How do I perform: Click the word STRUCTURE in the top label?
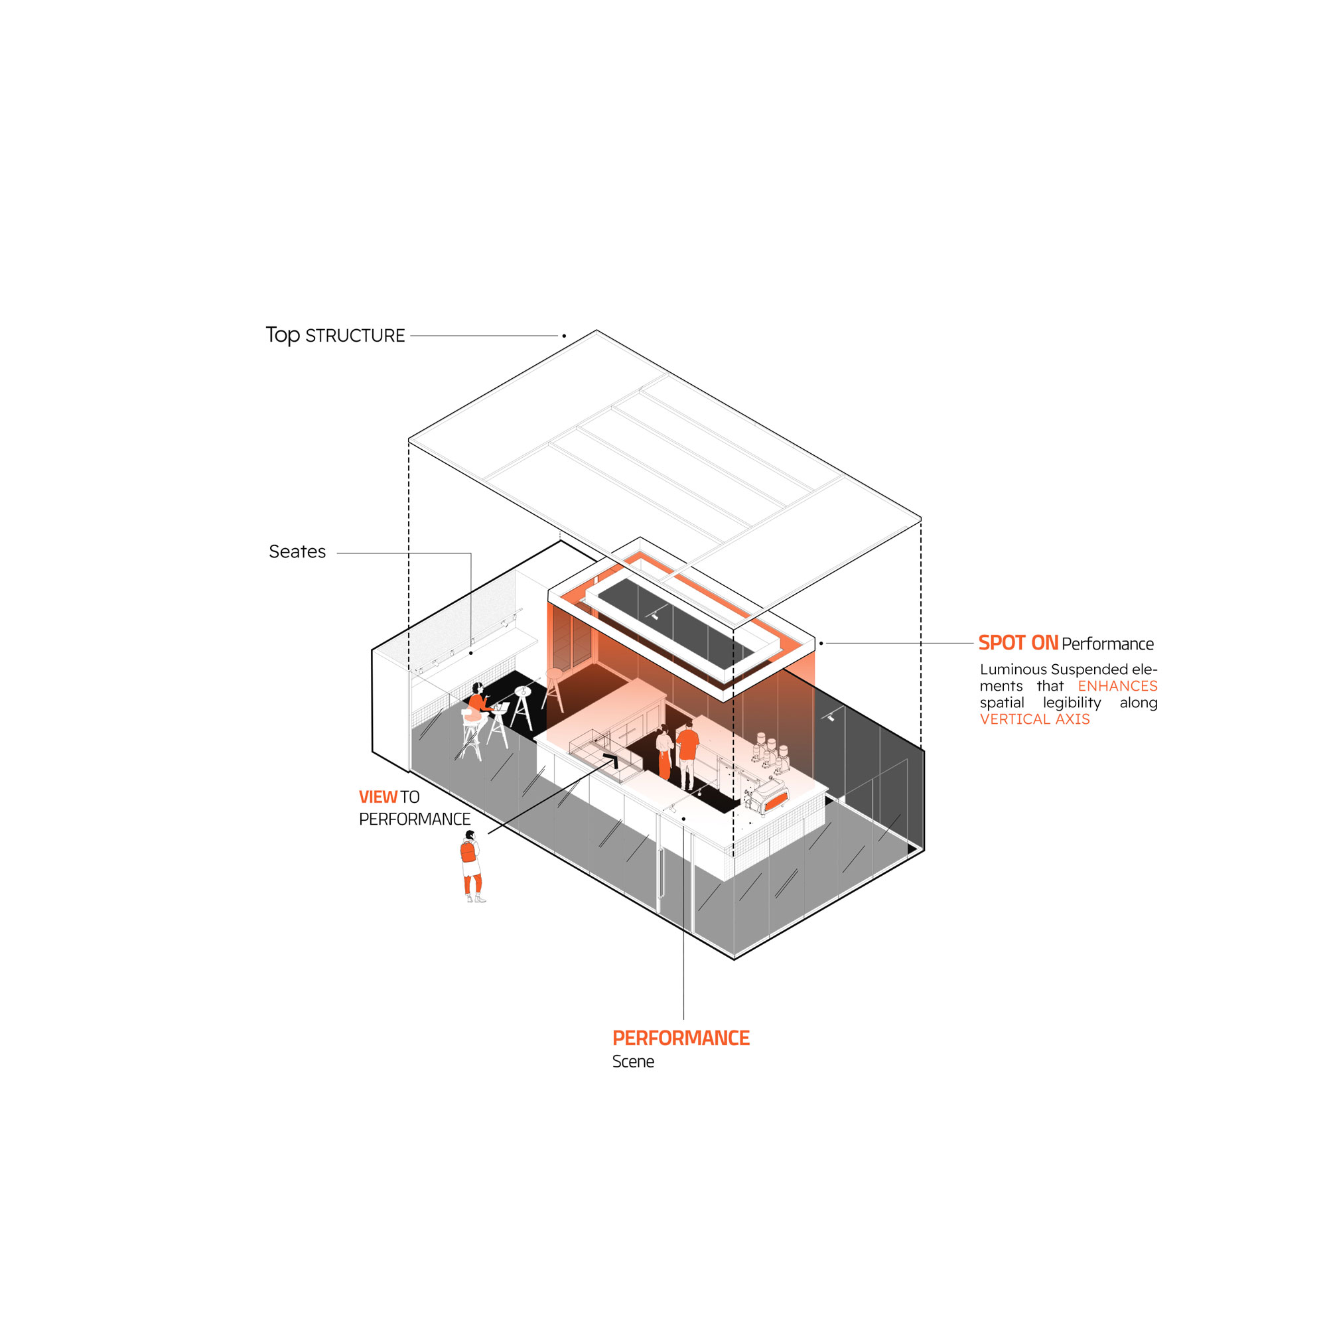(354, 336)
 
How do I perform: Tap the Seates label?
(297, 551)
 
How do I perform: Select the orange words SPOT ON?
(1017, 643)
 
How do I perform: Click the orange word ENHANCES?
(1117, 685)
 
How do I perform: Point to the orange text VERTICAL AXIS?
(1034, 719)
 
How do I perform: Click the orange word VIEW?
(378, 797)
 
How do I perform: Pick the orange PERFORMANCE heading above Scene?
(680, 1038)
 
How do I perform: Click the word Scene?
(632, 1062)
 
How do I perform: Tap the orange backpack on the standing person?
(468, 852)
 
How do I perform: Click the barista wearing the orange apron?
(663, 753)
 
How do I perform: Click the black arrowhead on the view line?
(610, 758)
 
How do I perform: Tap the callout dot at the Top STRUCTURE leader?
(564, 336)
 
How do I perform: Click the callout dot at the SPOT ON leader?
(821, 644)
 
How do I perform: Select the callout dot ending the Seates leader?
(470, 652)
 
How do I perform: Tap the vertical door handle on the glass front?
(660, 873)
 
